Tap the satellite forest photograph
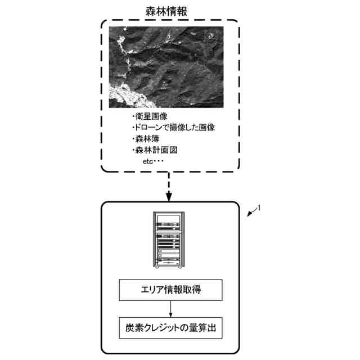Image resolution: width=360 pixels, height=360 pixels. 166,67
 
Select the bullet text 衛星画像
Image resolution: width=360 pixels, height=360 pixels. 146,117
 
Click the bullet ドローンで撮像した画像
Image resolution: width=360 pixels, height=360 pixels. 172,128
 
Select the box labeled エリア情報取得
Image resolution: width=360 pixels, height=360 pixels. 170,291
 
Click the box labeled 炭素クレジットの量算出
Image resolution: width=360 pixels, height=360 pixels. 170,327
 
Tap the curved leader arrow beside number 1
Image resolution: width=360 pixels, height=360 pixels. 252,213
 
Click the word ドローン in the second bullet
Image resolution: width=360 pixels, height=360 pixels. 148,128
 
